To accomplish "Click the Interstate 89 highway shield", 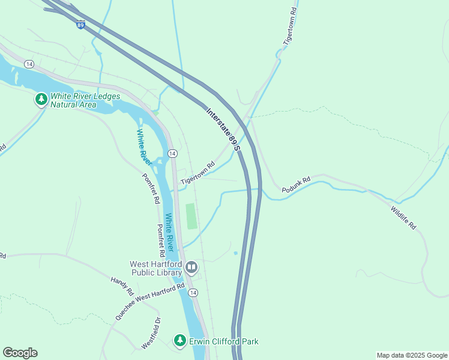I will click(x=80, y=25).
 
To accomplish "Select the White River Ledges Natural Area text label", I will click(x=85, y=100).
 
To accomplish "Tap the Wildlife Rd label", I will click(x=403, y=218).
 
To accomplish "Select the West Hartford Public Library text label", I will click(x=156, y=268).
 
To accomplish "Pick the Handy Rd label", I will click(x=122, y=286).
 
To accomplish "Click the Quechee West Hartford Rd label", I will click(x=150, y=302).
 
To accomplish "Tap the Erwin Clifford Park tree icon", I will click(x=179, y=341).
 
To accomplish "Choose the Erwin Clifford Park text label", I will click(x=223, y=341).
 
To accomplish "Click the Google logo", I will click(x=20, y=353).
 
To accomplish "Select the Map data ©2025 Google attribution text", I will click(x=411, y=355).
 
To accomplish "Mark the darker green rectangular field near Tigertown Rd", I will click(x=191, y=216).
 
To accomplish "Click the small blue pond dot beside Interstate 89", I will click(x=235, y=253).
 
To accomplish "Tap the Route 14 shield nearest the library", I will click(x=192, y=292).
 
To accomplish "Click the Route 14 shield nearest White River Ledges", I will click(x=29, y=64).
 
